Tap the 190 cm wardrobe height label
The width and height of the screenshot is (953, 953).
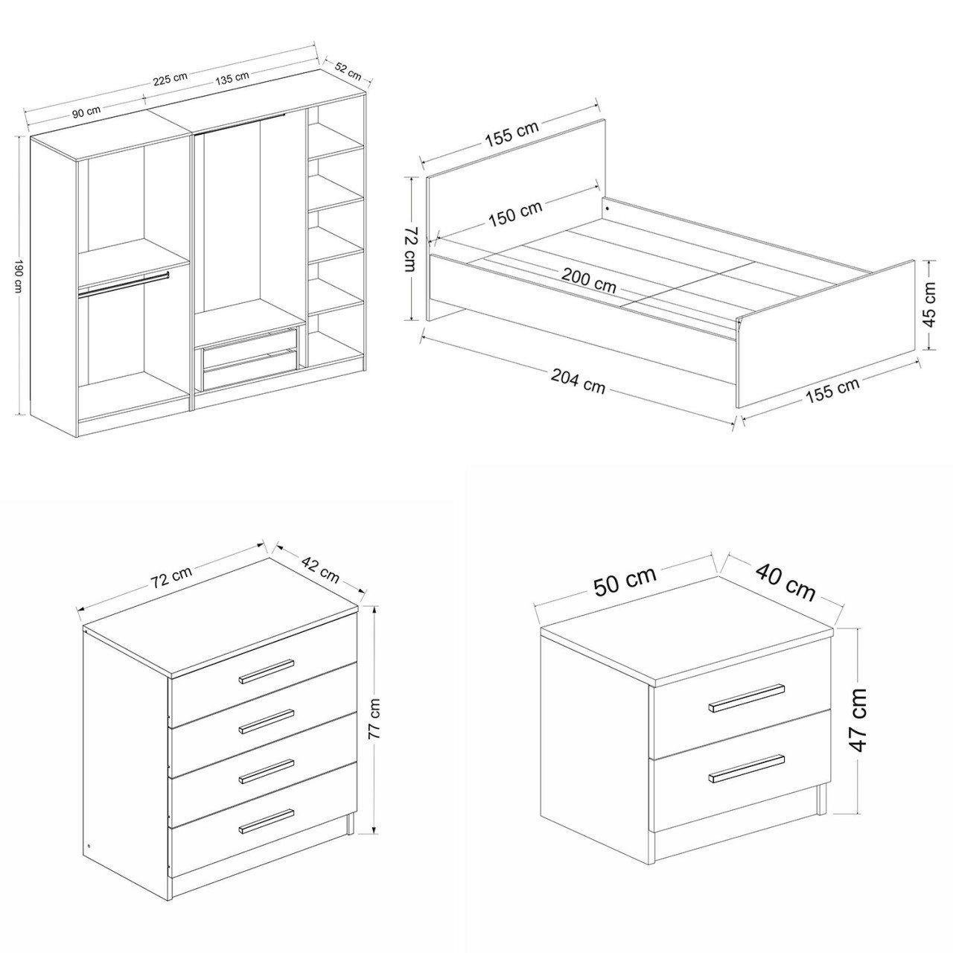pos(19,276)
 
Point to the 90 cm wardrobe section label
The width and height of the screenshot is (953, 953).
pos(86,112)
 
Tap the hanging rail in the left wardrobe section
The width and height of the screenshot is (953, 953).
pos(123,284)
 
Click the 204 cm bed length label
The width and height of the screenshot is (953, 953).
pos(578,381)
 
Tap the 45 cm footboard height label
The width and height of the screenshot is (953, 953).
pos(930,305)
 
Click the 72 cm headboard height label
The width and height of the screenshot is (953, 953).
pos(412,249)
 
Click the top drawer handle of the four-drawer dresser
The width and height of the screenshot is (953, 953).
pos(267,671)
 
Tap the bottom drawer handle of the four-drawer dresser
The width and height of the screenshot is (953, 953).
pos(267,820)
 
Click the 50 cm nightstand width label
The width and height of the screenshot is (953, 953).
pos(625,581)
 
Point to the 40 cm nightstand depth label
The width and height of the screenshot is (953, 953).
pos(785,582)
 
